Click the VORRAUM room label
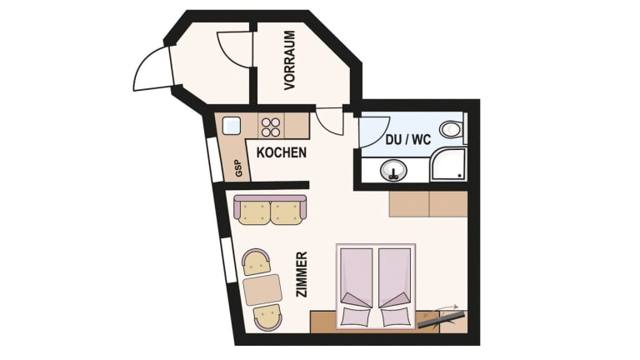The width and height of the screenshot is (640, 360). [x=289, y=60]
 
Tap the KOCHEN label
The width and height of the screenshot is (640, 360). [x=281, y=152]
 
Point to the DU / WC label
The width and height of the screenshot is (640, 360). [x=408, y=140]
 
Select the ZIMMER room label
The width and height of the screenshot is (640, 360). [x=301, y=274]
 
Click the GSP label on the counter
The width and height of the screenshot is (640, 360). [x=239, y=167]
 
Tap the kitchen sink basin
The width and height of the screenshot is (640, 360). [x=231, y=125]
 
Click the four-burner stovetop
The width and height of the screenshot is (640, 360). [x=271, y=127]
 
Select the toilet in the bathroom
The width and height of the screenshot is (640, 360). [x=452, y=129]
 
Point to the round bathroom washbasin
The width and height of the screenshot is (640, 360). [x=393, y=170]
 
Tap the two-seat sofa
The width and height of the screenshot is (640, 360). [x=270, y=210]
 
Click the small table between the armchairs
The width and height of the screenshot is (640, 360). [x=262, y=290]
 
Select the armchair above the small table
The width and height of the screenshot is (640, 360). [x=257, y=262]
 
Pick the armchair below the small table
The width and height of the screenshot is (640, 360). [x=267, y=318]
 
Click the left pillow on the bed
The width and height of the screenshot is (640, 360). [x=356, y=317]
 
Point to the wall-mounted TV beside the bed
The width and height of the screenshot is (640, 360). [x=442, y=319]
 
